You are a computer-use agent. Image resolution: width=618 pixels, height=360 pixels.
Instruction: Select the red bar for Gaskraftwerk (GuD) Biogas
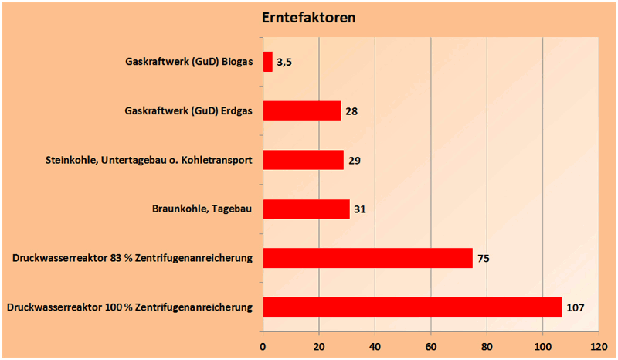pos(268,62)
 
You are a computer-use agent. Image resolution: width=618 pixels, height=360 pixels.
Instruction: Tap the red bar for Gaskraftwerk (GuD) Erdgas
pos(302,110)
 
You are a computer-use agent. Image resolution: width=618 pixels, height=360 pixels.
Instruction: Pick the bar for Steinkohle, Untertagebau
pos(304,160)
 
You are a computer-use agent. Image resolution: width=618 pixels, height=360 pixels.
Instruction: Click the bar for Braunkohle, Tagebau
pos(307,209)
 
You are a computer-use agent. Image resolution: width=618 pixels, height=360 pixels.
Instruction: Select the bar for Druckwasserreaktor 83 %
pos(368,258)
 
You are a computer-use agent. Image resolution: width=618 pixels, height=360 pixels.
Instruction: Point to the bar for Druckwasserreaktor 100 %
pos(413,307)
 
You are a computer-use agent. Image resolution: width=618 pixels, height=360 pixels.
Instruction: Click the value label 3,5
pos(284,62)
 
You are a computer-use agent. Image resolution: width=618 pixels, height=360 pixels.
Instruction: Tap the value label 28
pos(351,111)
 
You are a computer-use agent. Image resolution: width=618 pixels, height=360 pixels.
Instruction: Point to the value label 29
pos(355,161)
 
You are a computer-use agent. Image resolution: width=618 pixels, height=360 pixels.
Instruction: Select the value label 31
pos(360,210)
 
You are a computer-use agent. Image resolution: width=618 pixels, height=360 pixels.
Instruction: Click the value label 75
pos(484,259)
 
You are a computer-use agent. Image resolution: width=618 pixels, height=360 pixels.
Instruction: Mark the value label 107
pos(576,308)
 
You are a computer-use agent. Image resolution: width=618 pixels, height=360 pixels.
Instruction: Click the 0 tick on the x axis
pos(263,346)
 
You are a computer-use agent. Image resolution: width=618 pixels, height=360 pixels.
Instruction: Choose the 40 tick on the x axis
pos(375,346)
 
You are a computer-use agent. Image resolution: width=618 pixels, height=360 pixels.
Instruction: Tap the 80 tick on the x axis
pos(487,346)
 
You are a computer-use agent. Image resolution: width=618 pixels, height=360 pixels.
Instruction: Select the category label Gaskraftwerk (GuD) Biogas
pos(188,62)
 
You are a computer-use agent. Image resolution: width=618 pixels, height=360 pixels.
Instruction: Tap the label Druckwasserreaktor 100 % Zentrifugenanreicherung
pos(130,307)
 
